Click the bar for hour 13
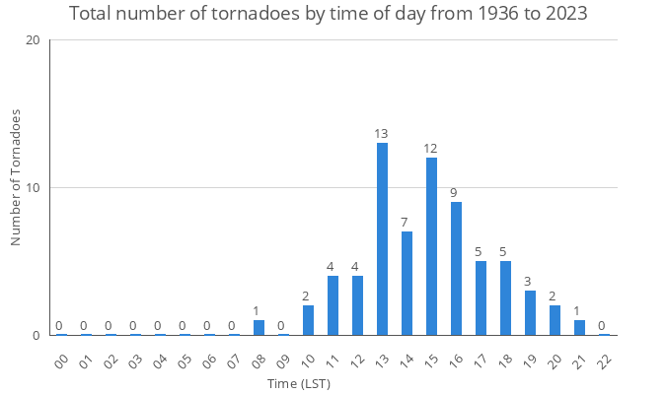tap(382, 238)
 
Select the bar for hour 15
tap(431, 246)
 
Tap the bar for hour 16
tap(456, 268)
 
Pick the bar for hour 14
tap(407, 283)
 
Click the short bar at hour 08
tap(259, 327)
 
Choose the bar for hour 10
tap(308, 320)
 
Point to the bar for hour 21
tap(579, 327)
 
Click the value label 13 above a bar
tap(382, 134)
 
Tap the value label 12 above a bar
tap(431, 149)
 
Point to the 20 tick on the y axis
tap(34, 40)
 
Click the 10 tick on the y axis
tap(34, 188)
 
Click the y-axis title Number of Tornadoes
tap(17, 178)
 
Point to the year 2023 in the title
tap(565, 15)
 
